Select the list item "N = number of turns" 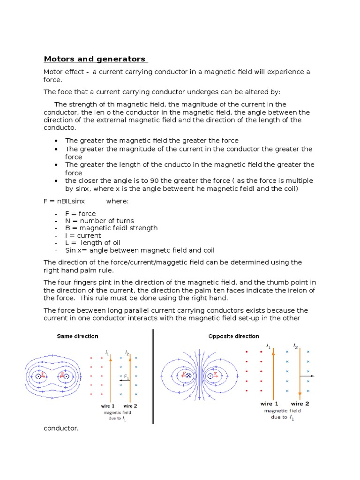tap(99, 221)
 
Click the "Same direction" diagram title tap(78, 336)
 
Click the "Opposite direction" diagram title tap(233, 336)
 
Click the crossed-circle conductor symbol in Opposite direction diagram tap(189, 376)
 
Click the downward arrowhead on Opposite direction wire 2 tap(300, 396)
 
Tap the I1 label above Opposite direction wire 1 tap(268, 346)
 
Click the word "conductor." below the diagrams tap(60, 428)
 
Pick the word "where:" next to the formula tap(117, 201)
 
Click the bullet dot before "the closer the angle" tap(56, 181)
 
